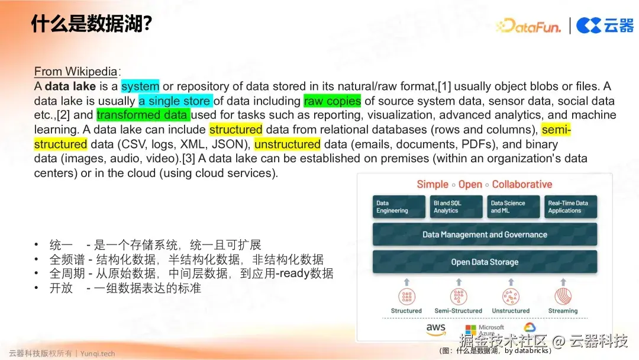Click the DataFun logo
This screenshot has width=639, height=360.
[x=528, y=25]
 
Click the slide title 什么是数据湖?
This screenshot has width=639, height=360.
[x=91, y=24]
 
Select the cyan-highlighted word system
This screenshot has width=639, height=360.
[x=140, y=86]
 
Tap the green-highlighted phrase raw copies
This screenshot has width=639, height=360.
[x=332, y=101]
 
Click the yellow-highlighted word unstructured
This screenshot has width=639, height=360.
[x=288, y=144]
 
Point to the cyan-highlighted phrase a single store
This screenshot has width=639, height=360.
[x=176, y=101]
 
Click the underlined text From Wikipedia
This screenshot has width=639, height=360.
[x=76, y=72]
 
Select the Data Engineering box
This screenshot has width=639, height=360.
[x=399, y=207]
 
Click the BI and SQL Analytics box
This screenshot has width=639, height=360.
[x=456, y=207]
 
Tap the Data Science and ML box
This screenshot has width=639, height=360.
[x=513, y=207]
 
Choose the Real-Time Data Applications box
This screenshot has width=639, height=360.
[x=570, y=207]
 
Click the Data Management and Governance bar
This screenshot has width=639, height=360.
[x=485, y=234]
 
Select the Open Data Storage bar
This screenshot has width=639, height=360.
[x=485, y=262]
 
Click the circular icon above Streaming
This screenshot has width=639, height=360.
[x=563, y=297]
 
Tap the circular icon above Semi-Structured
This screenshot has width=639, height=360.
[x=459, y=297]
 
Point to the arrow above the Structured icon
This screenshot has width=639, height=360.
[x=406, y=282]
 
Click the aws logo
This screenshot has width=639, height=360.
[x=435, y=329]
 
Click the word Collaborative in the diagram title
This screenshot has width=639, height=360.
[x=522, y=184]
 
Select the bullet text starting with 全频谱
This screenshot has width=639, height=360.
[x=186, y=259]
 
